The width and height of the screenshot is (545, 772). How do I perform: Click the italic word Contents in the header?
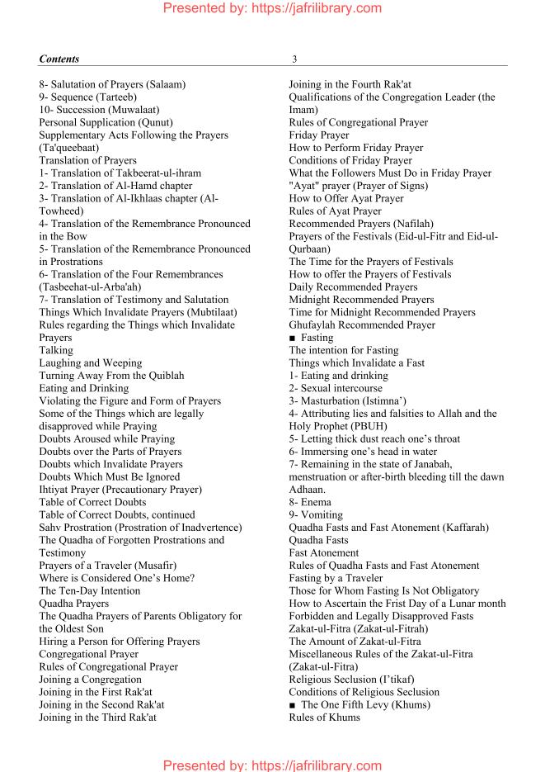tap(59, 59)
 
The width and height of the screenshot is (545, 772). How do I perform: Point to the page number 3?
tap(294, 59)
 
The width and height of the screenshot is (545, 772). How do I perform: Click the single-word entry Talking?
tap(56, 350)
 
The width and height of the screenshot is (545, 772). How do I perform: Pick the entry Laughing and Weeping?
tap(90, 363)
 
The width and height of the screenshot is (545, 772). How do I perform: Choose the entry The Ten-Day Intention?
tap(89, 591)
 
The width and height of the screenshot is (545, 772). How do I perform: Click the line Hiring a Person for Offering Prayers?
tap(119, 642)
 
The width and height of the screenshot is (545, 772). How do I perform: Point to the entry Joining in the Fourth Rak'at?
tap(350, 84)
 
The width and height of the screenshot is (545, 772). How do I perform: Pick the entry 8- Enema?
tap(310, 502)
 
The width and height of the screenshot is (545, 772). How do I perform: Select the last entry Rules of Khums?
tap(324, 718)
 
